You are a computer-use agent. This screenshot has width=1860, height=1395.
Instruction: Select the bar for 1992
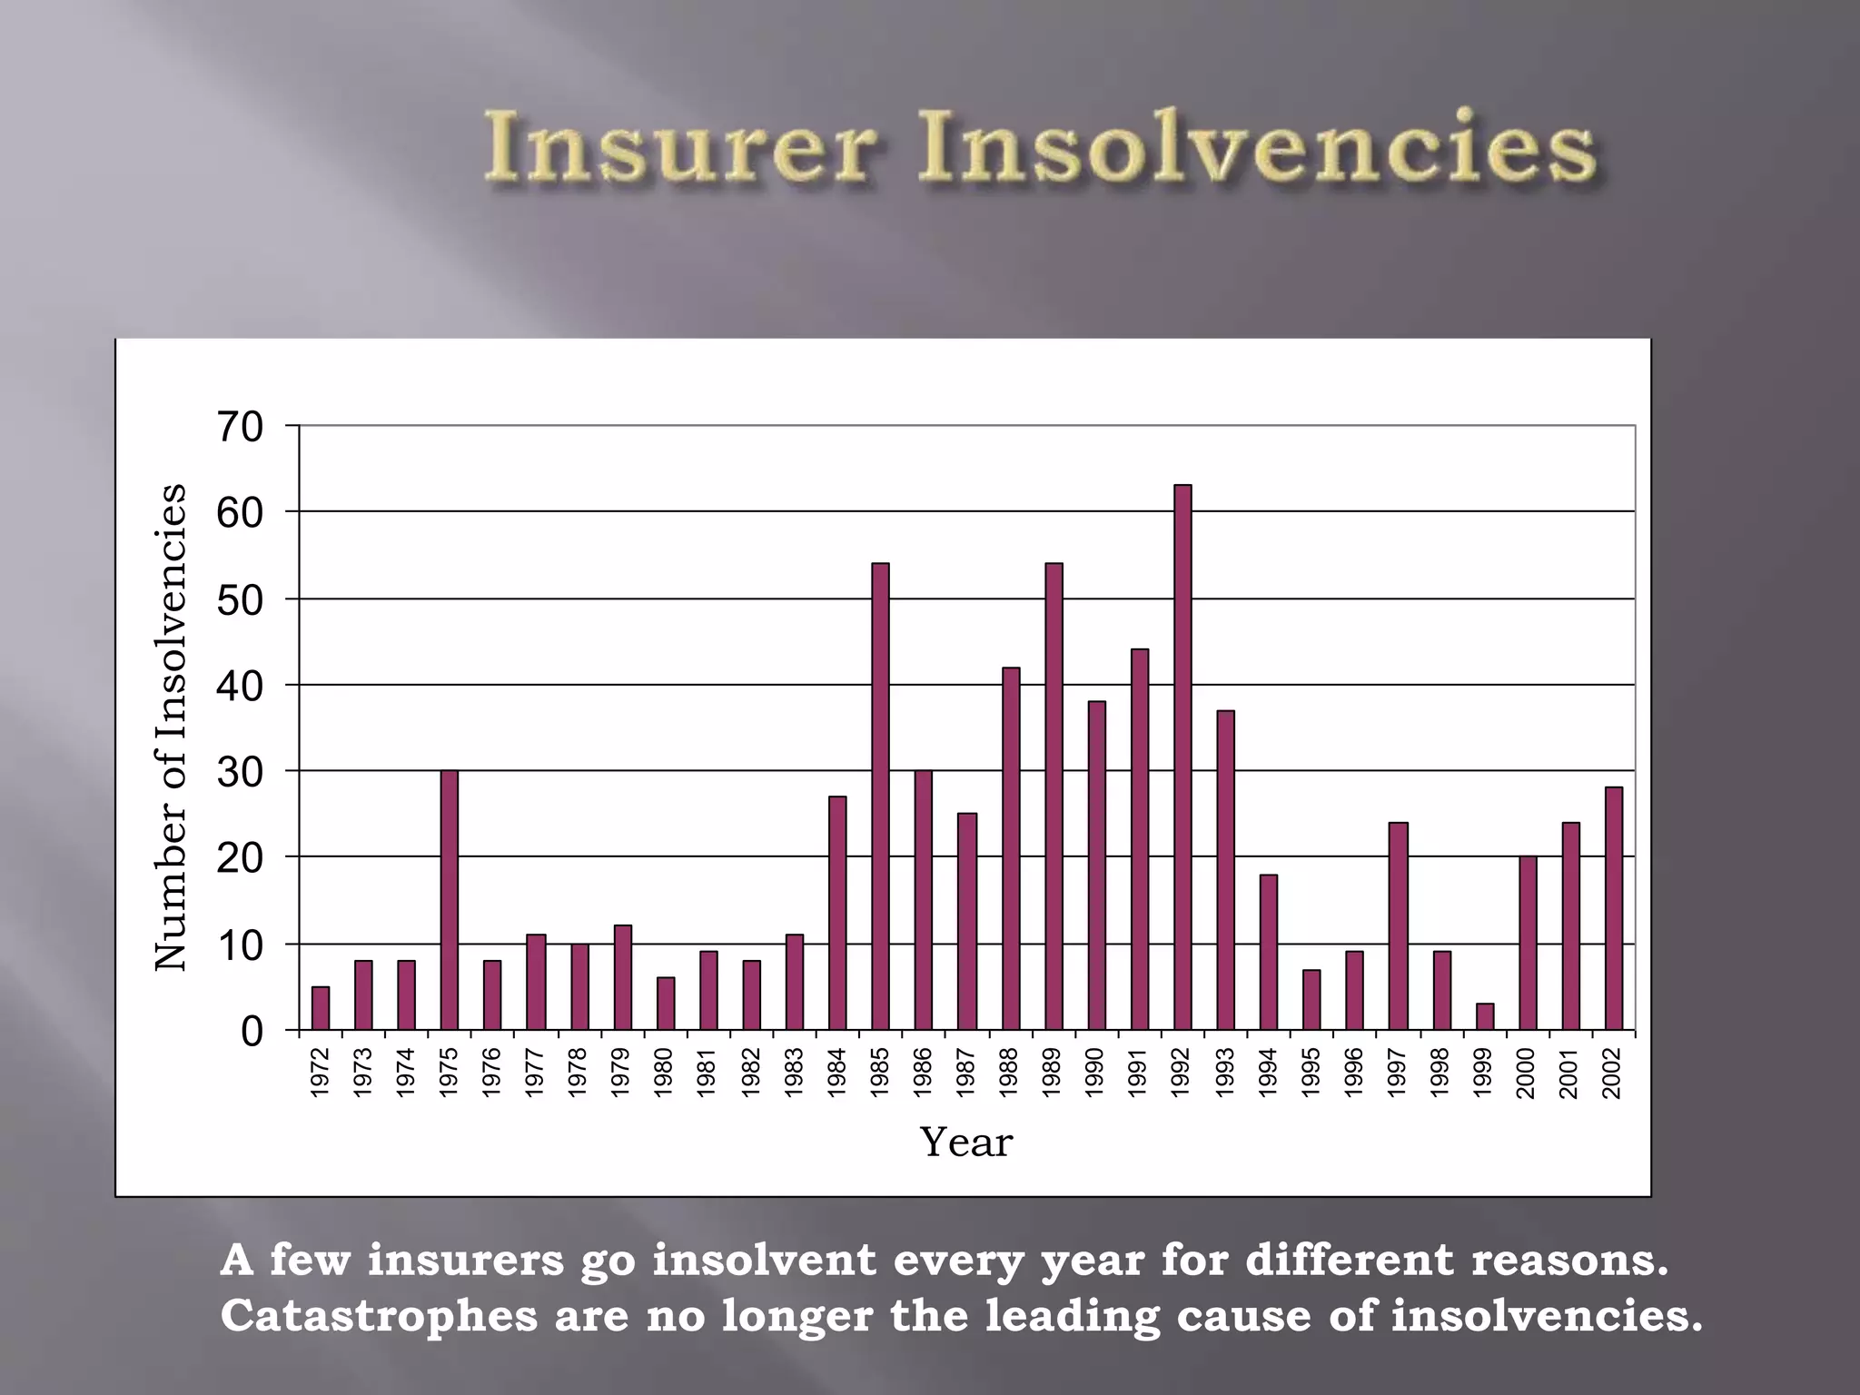click(x=1182, y=758)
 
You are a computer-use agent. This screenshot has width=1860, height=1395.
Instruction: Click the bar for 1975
click(x=450, y=900)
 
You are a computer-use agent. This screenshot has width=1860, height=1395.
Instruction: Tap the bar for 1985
click(x=880, y=796)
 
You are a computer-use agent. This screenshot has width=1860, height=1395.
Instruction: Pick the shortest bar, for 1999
click(x=1485, y=1017)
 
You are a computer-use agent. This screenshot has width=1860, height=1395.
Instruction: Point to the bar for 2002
click(x=1614, y=908)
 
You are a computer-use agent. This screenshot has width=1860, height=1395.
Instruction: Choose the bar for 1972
click(x=321, y=1008)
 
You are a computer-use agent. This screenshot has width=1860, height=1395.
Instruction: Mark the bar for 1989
click(x=1054, y=796)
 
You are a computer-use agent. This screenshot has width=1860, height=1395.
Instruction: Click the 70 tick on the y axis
click(x=240, y=427)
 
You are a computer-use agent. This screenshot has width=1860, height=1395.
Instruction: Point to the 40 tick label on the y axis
click(x=240, y=686)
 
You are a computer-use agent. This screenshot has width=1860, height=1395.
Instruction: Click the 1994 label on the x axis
click(x=1269, y=1073)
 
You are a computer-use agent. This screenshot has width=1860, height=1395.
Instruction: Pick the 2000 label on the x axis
click(x=1527, y=1073)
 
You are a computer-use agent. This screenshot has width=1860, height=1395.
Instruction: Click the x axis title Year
click(x=965, y=1143)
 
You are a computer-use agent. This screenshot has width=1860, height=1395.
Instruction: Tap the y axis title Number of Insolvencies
click(x=171, y=727)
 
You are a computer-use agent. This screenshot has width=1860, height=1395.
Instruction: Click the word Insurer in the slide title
click(x=681, y=147)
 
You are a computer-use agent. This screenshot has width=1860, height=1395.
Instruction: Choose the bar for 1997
click(x=1399, y=925)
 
